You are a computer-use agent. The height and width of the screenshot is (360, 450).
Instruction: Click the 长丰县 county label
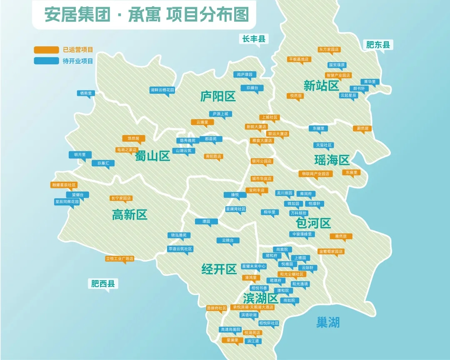click(x=254, y=39)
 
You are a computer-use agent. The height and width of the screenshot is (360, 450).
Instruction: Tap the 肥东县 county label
click(x=378, y=45)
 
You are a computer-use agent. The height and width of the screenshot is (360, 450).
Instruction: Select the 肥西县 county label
click(x=103, y=284)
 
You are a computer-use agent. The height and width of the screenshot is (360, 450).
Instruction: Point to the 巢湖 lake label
click(x=328, y=322)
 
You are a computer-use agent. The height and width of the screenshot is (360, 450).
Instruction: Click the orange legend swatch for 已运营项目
click(x=46, y=50)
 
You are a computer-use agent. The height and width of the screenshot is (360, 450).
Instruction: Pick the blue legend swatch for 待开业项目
click(x=46, y=61)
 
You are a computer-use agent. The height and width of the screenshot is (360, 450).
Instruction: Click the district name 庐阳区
click(x=218, y=97)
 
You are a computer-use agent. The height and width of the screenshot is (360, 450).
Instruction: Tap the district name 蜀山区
click(x=152, y=156)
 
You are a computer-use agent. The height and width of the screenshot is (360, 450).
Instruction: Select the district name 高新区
click(x=130, y=215)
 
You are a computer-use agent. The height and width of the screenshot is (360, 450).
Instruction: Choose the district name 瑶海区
click(x=332, y=160)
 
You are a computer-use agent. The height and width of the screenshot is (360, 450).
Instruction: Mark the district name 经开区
click(x=219, y=269)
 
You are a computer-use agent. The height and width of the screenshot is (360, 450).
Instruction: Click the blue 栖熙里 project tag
click(x=85, y=93)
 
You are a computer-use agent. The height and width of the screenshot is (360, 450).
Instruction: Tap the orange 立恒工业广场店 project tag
click(x=120, y=259)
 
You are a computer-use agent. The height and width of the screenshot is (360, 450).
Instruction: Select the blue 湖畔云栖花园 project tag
click(x=162, y=90)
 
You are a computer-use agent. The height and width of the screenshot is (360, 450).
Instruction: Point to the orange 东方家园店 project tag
click(x=329, y=49)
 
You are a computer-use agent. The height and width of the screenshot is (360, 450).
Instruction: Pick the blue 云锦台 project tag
click(x=228, y=240)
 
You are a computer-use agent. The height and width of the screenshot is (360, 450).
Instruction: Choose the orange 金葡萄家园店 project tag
click(x=331, y=251)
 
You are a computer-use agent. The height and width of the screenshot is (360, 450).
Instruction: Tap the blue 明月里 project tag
click(x=80, y=155)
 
